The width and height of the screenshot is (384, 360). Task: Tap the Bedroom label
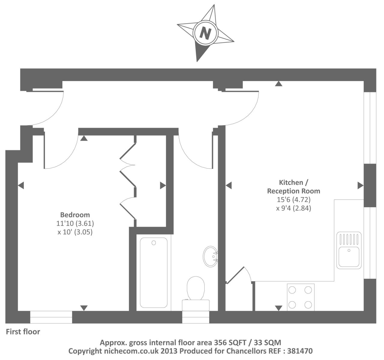(75, 215)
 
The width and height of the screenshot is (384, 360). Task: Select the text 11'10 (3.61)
(75, 223)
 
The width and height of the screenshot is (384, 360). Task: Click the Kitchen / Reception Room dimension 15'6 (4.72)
(293, 199)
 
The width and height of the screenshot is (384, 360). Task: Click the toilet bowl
(196, 288)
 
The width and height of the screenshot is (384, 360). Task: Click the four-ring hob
(300, 297)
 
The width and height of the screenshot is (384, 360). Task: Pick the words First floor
(23, 332)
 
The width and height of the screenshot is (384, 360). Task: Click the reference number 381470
(300, 351)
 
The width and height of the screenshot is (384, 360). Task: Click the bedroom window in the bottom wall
(51, 317)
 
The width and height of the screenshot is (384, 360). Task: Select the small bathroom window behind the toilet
(196, 317)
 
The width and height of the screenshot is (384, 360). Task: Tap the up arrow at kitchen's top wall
(279, 84)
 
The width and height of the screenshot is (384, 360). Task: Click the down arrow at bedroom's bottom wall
(84, 308)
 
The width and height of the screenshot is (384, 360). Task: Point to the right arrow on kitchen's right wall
(360, 186)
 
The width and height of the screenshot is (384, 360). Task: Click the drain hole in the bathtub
(154, 243)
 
